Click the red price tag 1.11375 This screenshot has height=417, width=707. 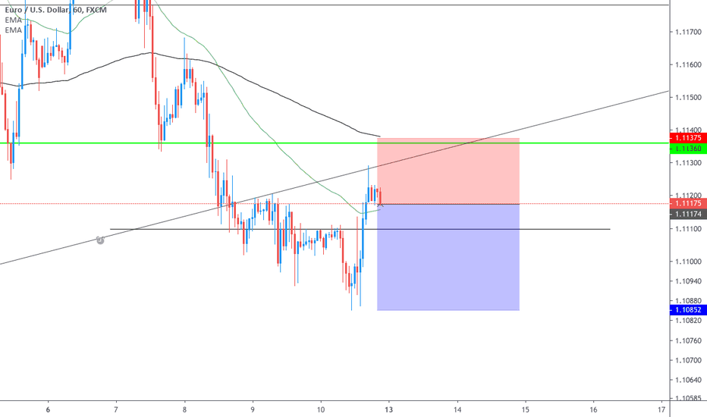click(688, 138)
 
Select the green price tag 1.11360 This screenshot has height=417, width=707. click(688, 148)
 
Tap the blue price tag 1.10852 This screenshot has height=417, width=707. click(688, 310)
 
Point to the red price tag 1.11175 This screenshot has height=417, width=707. click(688, 203)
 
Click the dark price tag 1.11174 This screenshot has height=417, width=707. click(688, 215)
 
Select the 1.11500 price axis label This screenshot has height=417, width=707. click(688, 98)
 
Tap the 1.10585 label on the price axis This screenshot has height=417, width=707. click(688, 397)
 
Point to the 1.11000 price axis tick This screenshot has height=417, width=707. click(688, 262)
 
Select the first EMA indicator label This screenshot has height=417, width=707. click(13, 20)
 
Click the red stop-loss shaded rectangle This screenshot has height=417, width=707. click(448, 171)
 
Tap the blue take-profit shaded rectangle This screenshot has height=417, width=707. click(448, 258)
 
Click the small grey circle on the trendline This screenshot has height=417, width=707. click(100, 240)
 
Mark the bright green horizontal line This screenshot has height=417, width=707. click(228, 143)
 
